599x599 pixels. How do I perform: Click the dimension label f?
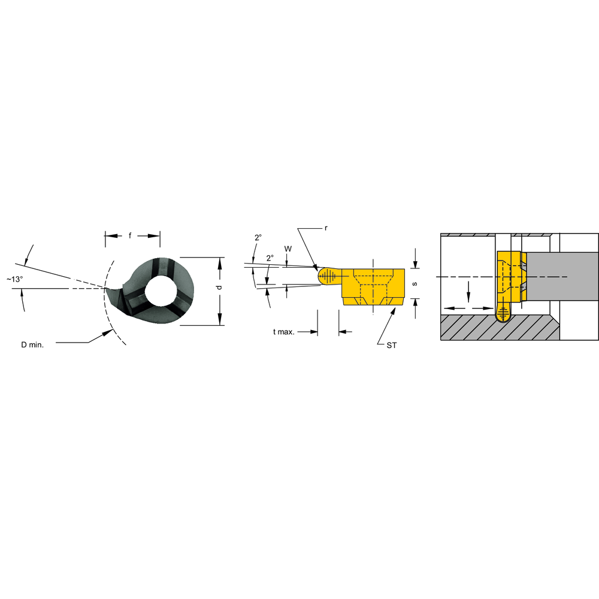click(x=130, y=236)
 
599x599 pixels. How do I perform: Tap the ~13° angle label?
click(x=14, y=279)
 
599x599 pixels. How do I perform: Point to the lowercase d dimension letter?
click(x=219, y=288)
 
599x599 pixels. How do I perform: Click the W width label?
click(x=288, y=248)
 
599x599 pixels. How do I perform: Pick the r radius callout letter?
click(x=326, y=228)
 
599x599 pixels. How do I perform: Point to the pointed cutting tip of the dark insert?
click(x=107, y=289)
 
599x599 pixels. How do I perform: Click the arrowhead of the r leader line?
click(x=316, y=267)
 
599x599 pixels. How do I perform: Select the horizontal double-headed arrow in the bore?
click(x=467, y=308)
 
